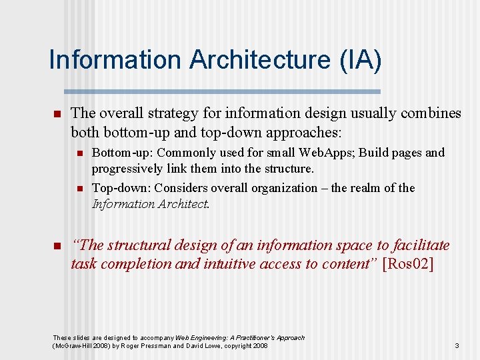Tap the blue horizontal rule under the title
tap(222, 91)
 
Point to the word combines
tap(431, 113)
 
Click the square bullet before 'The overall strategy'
tap(57, 114)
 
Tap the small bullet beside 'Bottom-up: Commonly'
tap(79, 153)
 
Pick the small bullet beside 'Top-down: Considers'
tap(79, 189)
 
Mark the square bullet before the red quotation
tap(57, 246)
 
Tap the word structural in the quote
tap(138, 245)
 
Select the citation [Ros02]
tap(409, 263)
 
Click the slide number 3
tap(457, 345)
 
